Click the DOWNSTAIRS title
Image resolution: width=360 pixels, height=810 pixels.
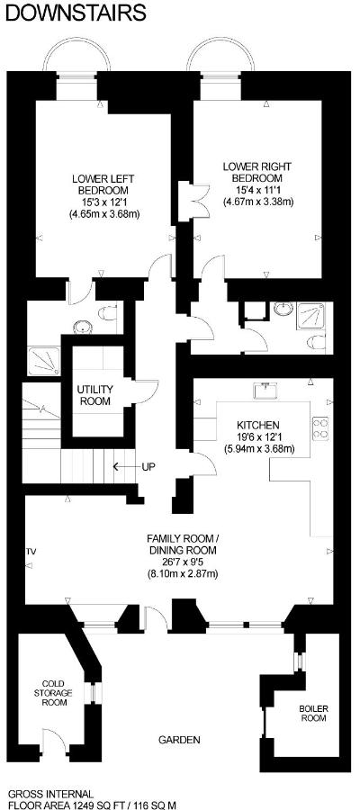tap(76, 12)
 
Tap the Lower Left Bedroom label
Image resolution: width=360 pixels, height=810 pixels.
tap(104, 196)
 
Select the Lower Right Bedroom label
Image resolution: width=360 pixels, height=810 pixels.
tap(257, 184)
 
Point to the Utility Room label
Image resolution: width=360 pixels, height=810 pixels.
tap(94, 395)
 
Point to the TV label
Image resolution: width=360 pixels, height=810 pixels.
tap(31, 553)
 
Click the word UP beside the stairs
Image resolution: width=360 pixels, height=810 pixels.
tap(148, 466)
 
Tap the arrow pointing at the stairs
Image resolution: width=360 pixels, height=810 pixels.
tap(124, 466)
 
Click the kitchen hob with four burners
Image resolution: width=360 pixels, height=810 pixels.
tap(320, 427)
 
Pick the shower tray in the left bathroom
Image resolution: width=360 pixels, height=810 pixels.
tap(44, 361)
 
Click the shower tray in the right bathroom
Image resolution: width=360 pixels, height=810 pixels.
tap(310, 317)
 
